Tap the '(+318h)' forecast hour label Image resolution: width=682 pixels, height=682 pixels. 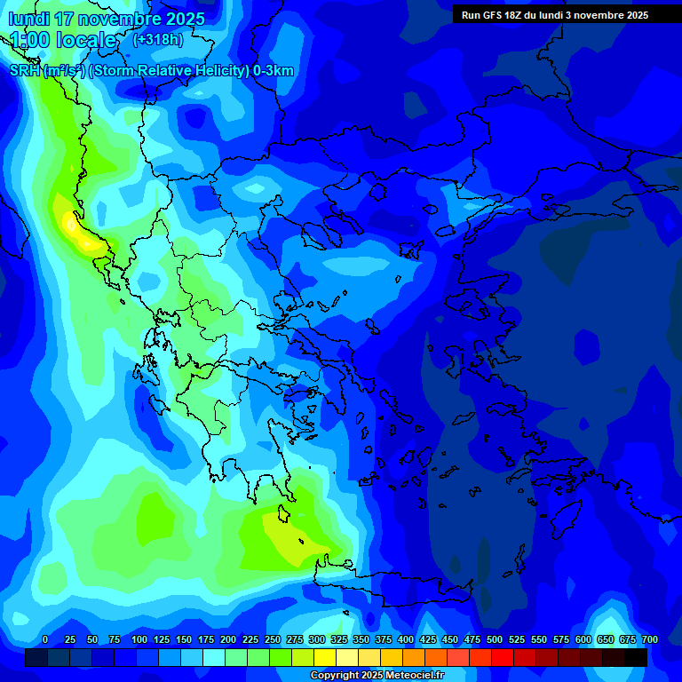(x=157, y=39)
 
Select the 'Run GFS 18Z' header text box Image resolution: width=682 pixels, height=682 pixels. (x=555, y=15)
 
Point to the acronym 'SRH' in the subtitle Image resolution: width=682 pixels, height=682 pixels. (x=25, y=71)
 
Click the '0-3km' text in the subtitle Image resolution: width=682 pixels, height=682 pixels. (x=274, y=71)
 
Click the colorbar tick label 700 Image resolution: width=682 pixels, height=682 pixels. (x=649, y=639)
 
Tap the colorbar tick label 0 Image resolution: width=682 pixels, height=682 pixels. (x=45, y=639)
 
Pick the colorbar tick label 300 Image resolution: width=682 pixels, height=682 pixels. (x=317, y=639)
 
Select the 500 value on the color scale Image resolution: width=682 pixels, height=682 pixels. (x=495, y=639)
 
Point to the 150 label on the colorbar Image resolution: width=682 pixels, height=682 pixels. (x=184, y=639)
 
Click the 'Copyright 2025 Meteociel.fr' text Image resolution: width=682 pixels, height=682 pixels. (x=377, y=676)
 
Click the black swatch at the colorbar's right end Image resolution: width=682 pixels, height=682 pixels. (x=636, y=657)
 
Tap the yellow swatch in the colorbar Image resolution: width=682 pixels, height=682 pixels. (x=325, y=657)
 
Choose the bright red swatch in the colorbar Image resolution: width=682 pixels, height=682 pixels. (x=503, y=657)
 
